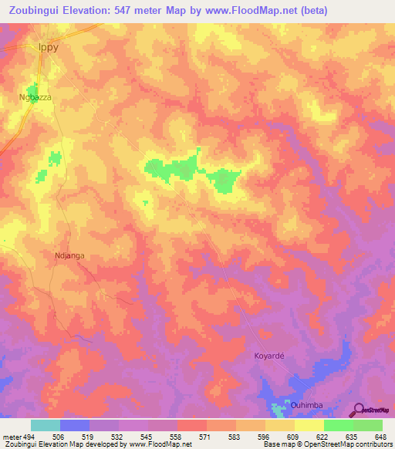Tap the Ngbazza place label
(x=34, y=98)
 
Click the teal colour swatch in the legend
(x=46, y=425)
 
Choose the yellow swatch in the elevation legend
(x=309, y=425)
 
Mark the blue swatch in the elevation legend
(x=75, y=425)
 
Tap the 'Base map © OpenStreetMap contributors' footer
(x=326, y=444)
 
